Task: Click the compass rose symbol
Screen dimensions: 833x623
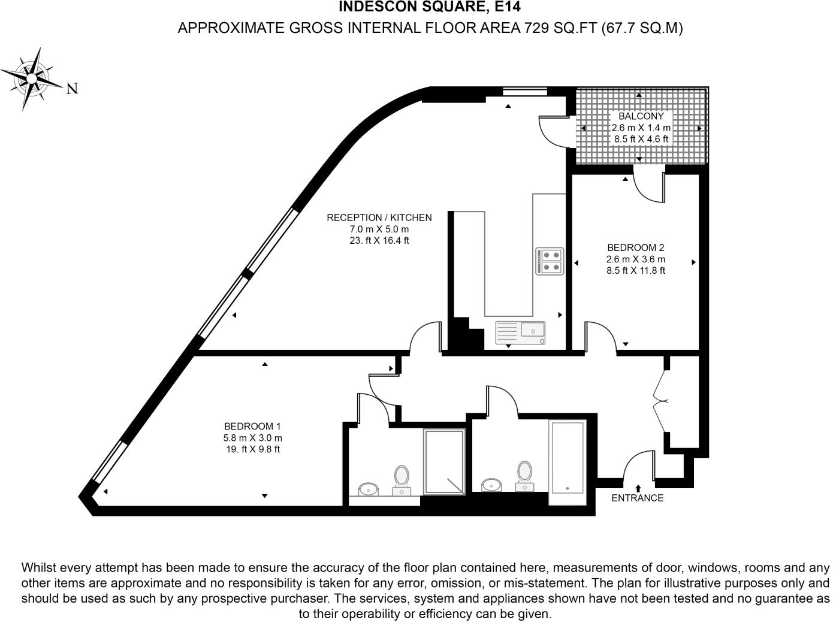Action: click(32, 79)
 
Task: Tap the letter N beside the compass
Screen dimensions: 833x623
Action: click(72, 89)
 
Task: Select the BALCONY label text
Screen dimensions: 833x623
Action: click(641, 116)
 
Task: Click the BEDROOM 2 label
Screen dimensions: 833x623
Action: click(636, 247)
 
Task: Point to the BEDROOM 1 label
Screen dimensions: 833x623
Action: click(252, 426)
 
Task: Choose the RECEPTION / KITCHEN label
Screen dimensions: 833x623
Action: click(379, 217)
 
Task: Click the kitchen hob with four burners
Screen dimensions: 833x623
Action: click(550, 261)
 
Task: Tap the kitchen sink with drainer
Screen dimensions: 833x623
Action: click(520, 333)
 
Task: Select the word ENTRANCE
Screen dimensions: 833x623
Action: click(638, 498)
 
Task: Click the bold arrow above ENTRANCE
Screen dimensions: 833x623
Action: click(638, 488)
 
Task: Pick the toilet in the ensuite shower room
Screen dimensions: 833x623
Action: click(402, 480)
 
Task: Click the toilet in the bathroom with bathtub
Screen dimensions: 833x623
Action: click(525, 476)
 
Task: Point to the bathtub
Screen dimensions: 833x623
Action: click(568, 462)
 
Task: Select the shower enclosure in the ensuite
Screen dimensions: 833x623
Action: click(445, 462)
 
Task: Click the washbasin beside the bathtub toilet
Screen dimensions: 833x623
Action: click(491, 485)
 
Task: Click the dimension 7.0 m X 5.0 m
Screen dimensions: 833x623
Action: click(379, 229)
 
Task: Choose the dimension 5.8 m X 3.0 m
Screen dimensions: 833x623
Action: click(252, 438)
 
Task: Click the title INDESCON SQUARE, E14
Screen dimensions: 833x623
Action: click(430, 7)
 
